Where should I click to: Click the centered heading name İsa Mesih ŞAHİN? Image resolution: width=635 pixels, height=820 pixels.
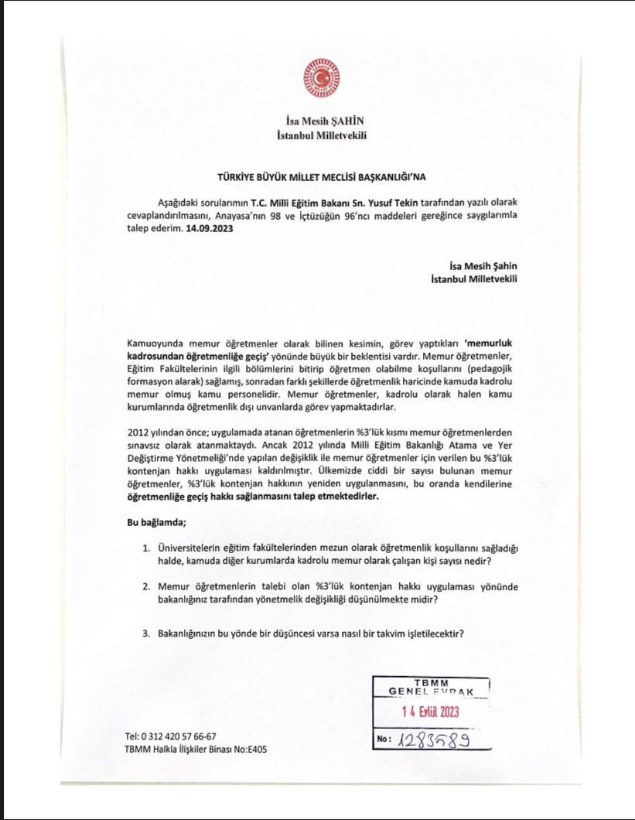click(x=321, y=121)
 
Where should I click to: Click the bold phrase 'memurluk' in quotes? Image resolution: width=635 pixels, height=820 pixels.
click(x=489, y=342)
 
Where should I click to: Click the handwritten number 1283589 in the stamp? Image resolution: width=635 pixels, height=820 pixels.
click(x=435, y=739)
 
